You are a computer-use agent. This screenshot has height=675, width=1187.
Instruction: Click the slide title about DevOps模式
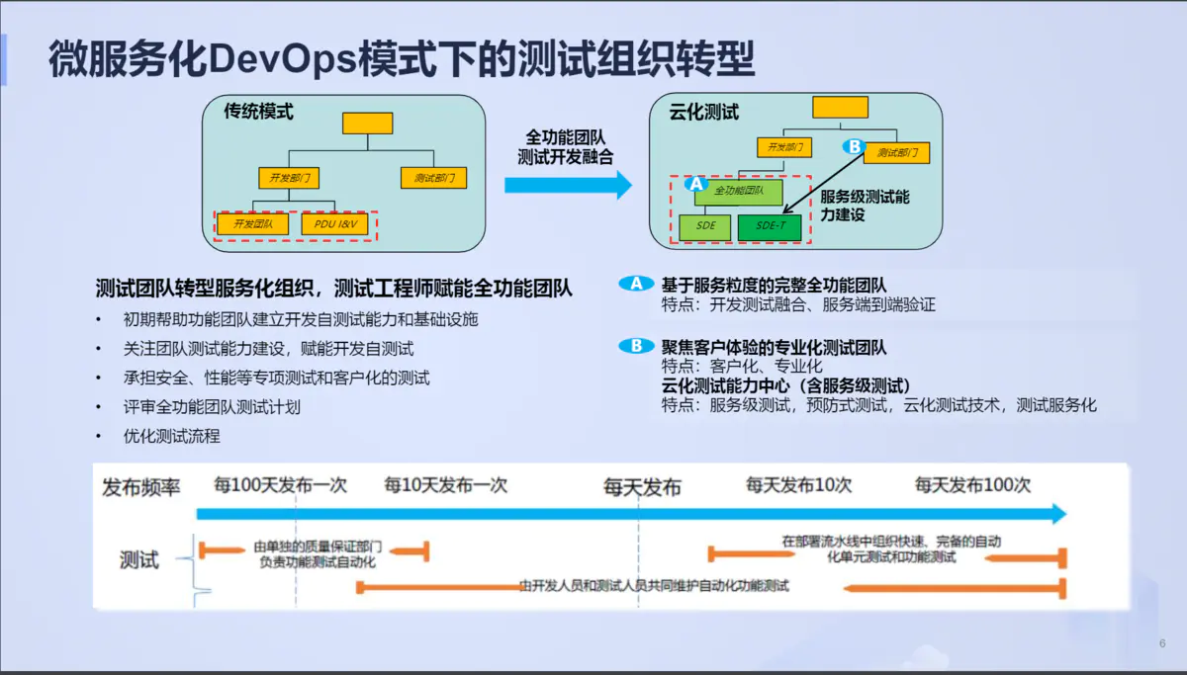[402, 59]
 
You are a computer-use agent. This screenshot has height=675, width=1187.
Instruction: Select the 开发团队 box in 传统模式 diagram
[253, 224]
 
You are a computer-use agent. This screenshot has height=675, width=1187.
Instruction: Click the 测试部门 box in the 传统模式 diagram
[433, 179]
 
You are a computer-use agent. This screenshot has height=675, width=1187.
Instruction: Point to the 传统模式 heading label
[259, 112]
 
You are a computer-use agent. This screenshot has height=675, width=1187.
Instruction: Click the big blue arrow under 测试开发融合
[567, 185]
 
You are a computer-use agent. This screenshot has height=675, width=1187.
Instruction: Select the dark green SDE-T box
[769, 226]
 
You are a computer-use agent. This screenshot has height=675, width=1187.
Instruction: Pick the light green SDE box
[705, 226]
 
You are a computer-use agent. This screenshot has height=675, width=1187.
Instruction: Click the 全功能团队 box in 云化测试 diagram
[737, 191]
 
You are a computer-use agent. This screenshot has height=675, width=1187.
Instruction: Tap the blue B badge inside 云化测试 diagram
[853, 146]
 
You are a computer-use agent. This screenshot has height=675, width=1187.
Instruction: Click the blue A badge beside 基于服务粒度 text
[636, 284]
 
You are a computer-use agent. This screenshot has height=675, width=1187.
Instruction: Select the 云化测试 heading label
[704, 113]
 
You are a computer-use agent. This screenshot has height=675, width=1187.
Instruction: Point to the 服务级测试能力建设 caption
[865, 205]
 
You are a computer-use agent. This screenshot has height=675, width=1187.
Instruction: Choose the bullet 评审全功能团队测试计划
[212, 406]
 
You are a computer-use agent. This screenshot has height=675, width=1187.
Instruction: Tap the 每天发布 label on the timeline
[643, 487]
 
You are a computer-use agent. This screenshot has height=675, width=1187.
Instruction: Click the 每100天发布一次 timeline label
[281, 485]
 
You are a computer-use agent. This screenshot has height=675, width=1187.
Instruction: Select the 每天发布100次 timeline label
[972, 485]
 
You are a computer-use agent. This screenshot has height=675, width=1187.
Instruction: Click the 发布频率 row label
[141, 487]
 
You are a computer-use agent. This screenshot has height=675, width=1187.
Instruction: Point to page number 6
[1162, 643]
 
